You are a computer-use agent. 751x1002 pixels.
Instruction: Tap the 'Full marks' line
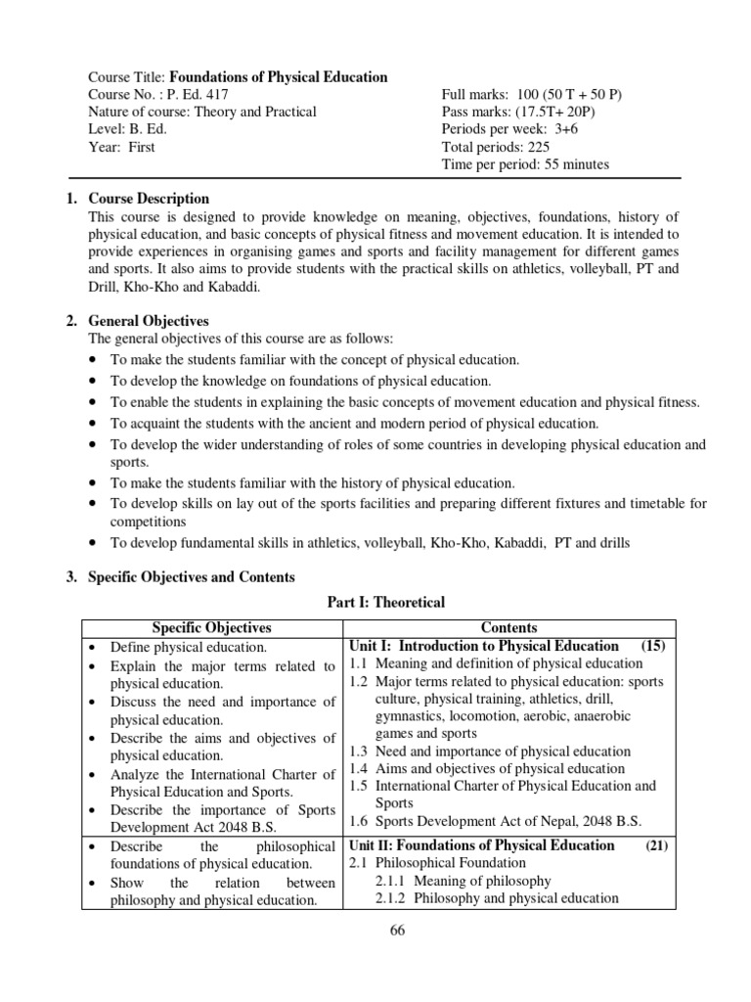pos(531,95)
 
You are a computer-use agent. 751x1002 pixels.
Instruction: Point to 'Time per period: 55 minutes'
pos(525,164)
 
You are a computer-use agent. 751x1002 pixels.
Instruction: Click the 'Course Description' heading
pos(149,199)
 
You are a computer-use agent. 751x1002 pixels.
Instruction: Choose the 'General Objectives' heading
pos(149,321)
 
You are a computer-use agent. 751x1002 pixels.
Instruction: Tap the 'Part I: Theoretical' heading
pos(385,603)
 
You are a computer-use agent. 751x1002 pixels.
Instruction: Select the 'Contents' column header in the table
pos(508,627)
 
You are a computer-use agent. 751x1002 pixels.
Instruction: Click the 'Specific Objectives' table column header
pos(212,627)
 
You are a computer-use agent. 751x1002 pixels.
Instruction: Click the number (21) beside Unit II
pos(655,845)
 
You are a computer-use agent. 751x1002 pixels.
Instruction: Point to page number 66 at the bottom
pos(396,931)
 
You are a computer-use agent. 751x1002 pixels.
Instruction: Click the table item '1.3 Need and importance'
pos(490,751)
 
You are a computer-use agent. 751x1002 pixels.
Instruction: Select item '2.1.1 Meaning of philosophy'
pos(463,881)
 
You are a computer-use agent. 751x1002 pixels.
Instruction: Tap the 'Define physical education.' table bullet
pos(189,647)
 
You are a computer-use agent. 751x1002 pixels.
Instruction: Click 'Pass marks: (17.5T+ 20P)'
pos(518,112)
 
